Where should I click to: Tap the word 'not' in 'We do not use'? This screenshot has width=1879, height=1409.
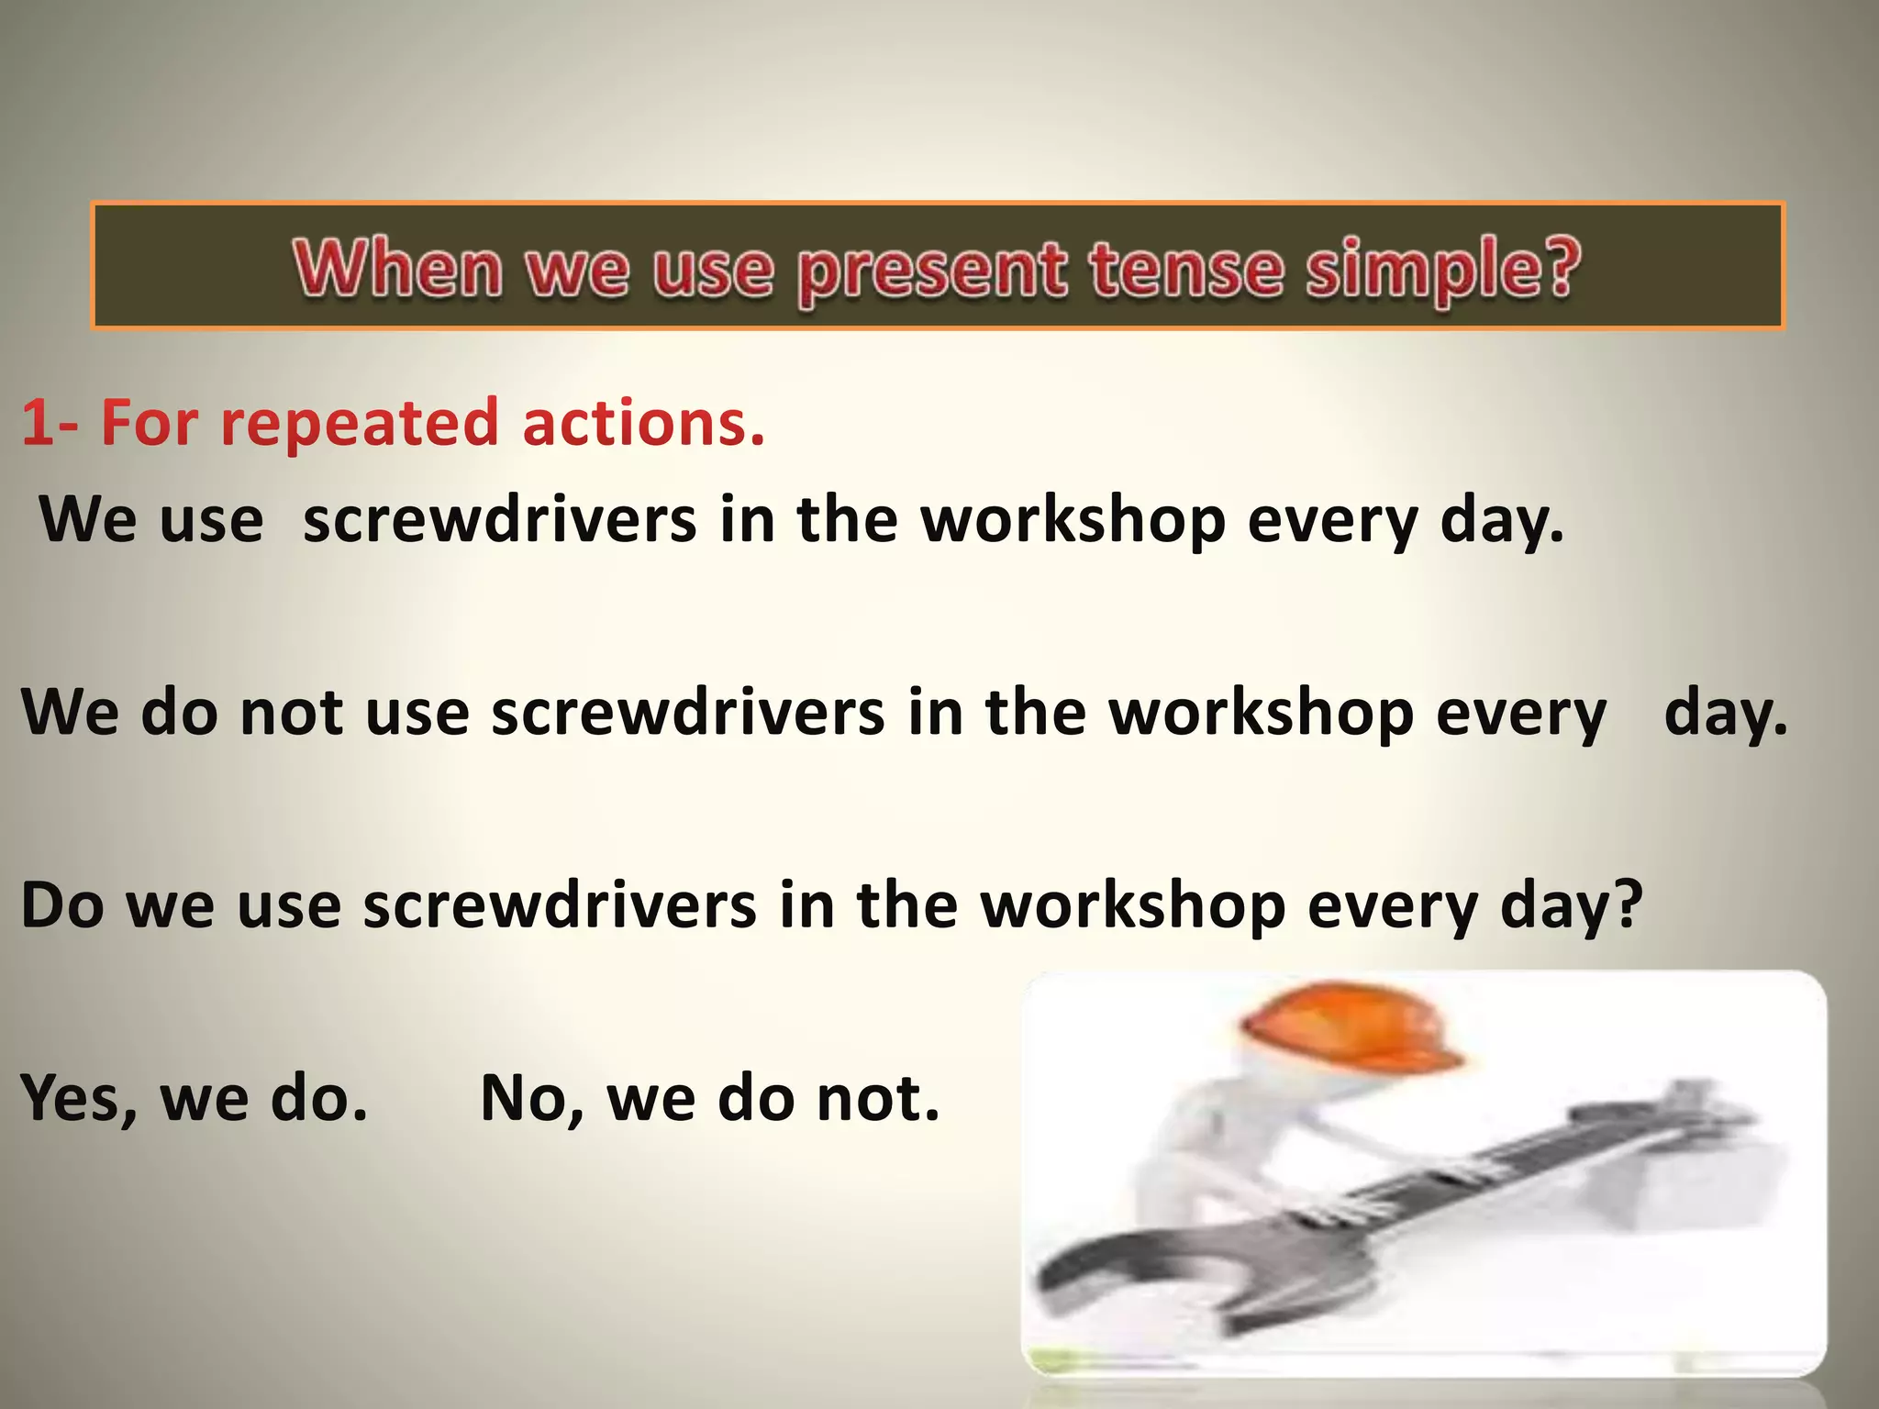[291, 713]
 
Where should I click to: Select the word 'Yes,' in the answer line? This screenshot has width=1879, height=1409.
[79, 1098]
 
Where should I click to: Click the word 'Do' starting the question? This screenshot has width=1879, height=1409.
[61, 905]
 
